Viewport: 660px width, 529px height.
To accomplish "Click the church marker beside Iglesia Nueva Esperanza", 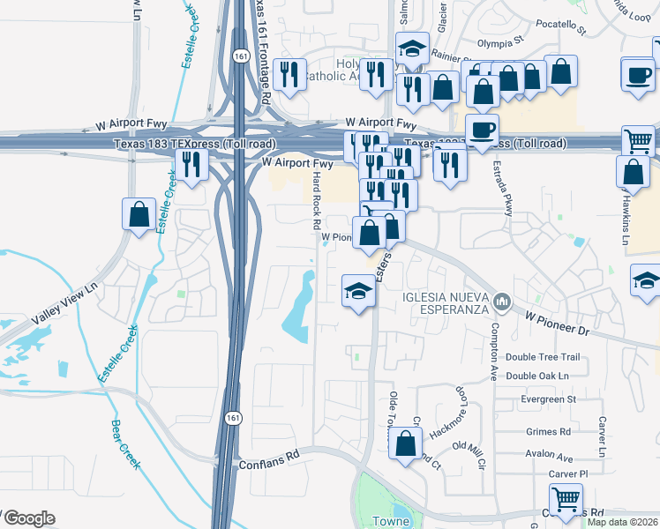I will click(503, 302).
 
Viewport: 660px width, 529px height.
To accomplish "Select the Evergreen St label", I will click(548, 399).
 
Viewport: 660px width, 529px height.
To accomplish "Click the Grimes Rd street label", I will click(547, 432).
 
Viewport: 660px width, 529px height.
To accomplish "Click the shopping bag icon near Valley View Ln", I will click(139, 214).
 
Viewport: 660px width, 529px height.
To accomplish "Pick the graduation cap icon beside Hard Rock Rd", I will click(358, 290).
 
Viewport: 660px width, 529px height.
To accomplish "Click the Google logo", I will click(28, 518).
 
